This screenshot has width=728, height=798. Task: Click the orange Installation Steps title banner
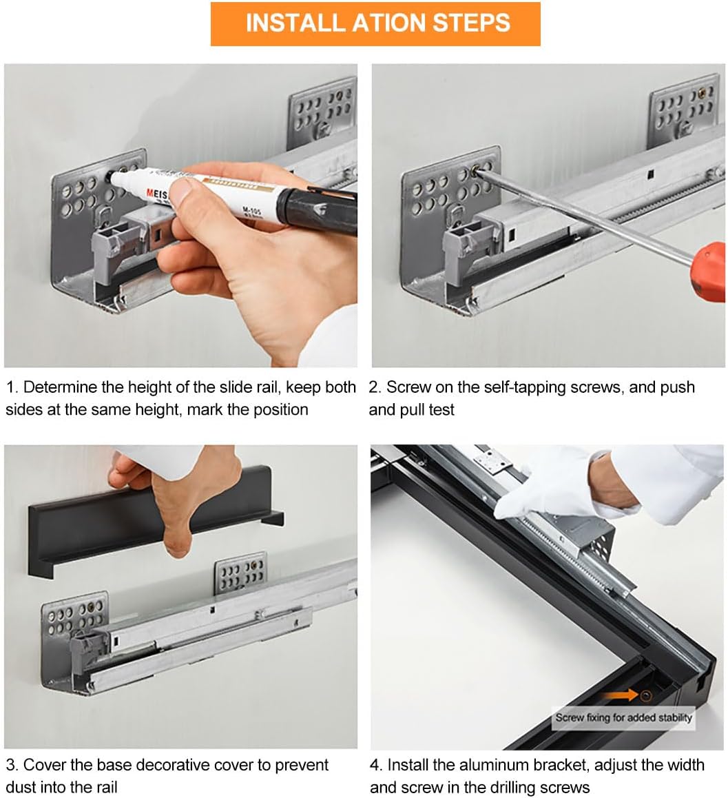tap(375, 24)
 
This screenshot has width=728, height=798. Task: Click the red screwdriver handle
tap(709, 272)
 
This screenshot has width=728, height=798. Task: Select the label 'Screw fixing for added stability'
tap(624, 717)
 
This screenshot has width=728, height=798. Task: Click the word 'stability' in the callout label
tap(675, 717)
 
